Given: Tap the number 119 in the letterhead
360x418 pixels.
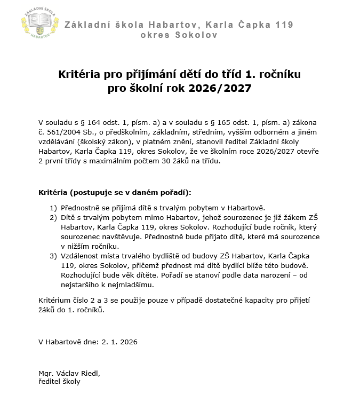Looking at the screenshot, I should click(283, 25).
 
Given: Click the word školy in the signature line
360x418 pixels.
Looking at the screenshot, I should click(70, 381).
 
